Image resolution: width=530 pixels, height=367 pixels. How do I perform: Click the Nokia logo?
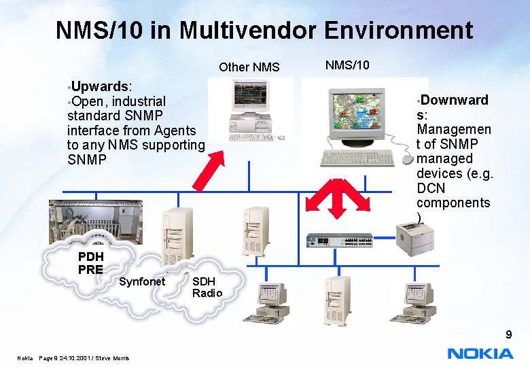click(480, 353)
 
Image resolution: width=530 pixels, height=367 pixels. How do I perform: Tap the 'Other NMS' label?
click(249, 67)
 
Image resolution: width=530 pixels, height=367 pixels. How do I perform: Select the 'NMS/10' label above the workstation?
click(347, 65)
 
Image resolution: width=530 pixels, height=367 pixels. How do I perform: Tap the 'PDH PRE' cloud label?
click(90, 263)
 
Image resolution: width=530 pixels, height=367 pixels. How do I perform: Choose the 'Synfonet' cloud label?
click(142, 281)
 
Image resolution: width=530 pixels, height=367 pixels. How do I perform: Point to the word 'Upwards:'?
click(102, 86)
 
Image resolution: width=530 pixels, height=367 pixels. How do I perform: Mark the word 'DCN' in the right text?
click(430, 188)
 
